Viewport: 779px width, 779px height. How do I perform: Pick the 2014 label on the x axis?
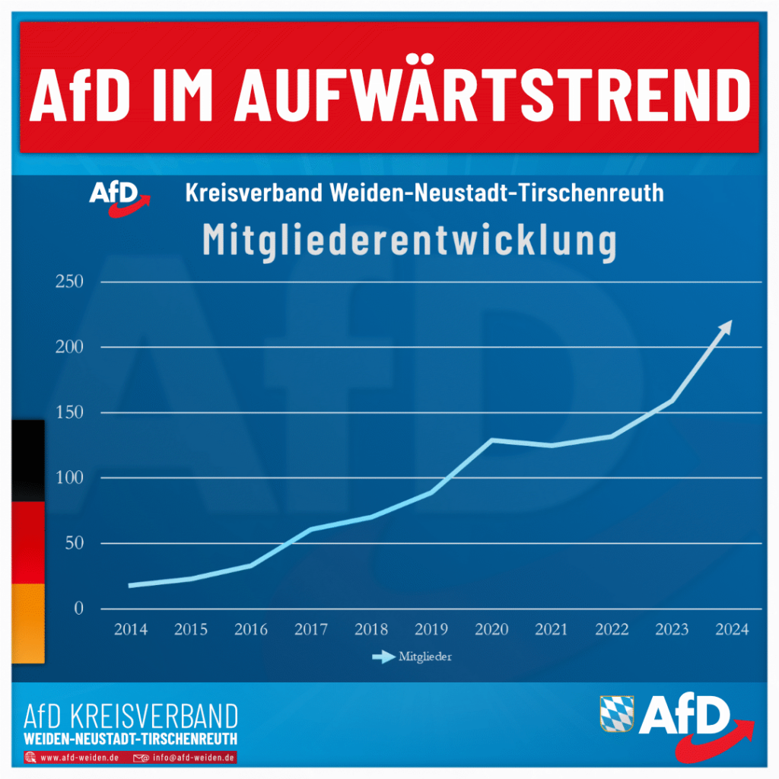pos(131,630)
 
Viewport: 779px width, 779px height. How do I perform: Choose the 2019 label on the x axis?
pos(431,630)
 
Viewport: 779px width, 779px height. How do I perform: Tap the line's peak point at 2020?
pos(491,440)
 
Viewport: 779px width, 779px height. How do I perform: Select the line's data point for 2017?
pos(311,529)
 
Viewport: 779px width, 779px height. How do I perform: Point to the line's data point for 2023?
pos(672,400)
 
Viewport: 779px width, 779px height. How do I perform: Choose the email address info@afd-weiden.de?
pos(192,758)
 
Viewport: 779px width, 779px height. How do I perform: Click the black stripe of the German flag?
pos(28,460)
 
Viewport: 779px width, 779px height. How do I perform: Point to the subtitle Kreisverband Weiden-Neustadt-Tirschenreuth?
pos(424,193)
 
